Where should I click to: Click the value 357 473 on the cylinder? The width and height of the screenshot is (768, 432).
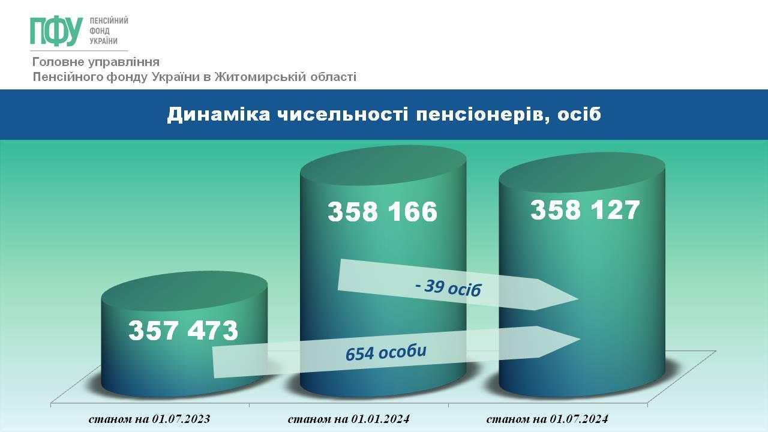click(184, 331)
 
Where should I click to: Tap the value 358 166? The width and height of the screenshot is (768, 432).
click(383, 211)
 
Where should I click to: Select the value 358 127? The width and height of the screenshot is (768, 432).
click(585, 209)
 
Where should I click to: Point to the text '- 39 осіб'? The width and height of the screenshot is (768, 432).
click(448, 287)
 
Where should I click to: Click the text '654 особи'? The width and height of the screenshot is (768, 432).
click(386, 352)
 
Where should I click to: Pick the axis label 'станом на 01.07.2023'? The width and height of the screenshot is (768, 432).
click(149, 419)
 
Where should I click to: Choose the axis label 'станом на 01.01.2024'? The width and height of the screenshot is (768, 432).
click(349, 419)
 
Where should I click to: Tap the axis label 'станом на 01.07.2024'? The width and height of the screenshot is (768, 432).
click(548, 419)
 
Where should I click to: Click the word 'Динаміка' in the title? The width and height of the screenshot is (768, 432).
click(219, 114)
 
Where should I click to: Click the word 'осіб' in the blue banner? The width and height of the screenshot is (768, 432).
click(579, 114)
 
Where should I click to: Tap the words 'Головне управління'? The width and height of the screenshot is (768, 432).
click(96, 62)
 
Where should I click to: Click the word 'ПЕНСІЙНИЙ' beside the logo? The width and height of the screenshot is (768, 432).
click(109, 21)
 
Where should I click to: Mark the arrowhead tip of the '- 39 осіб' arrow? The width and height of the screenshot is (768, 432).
click(579, 299)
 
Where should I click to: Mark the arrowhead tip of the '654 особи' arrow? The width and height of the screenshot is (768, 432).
click(580, 340)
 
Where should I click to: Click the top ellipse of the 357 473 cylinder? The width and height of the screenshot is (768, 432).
click(184, 291)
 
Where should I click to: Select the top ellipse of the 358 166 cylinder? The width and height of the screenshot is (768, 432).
click(383, 166)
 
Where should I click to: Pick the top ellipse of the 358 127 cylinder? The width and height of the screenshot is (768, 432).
click(582, 172)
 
